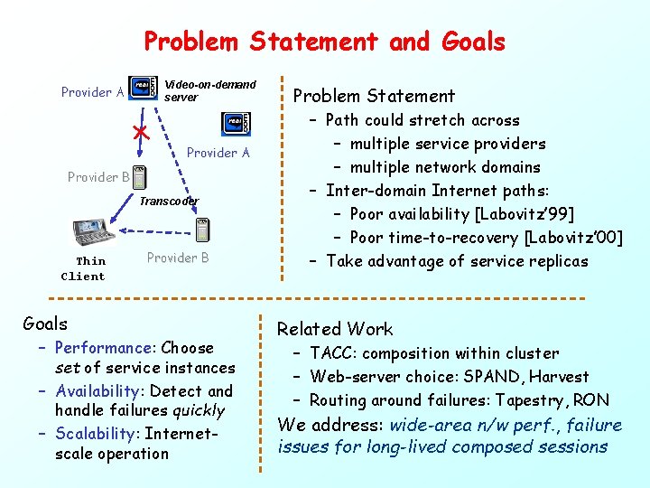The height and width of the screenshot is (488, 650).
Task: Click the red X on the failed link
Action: [140, 133]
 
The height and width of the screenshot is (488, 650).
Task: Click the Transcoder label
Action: [169, 201]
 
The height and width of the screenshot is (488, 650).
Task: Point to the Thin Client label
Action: [83, 268]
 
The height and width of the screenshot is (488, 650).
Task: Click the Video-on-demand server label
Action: [209, 90]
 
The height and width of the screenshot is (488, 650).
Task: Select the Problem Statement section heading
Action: [374, 96]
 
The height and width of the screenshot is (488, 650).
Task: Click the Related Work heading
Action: [335, 329]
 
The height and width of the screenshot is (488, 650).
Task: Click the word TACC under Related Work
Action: [332, 353]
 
